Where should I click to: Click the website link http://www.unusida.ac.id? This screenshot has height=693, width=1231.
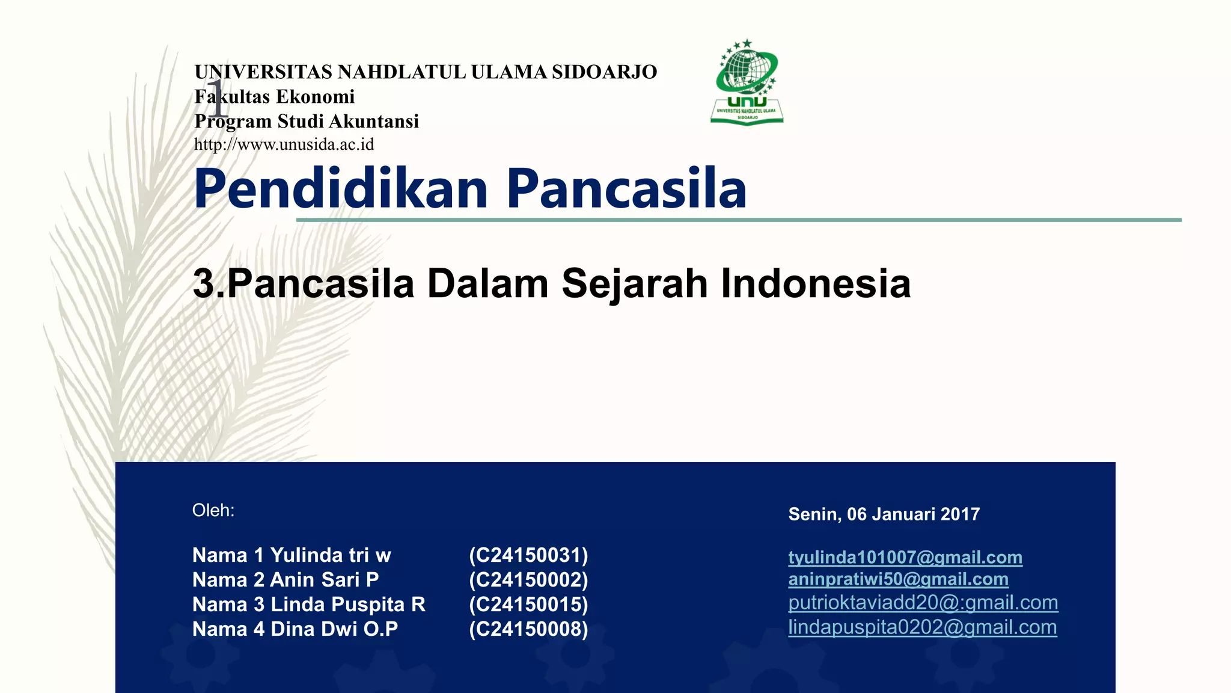284,145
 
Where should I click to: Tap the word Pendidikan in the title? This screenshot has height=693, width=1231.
341,189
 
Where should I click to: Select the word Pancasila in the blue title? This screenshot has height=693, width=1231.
626,189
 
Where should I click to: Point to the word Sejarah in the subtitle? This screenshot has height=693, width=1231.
634,283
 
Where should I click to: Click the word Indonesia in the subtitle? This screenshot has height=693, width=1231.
816,283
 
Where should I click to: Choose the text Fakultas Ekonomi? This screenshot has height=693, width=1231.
275,96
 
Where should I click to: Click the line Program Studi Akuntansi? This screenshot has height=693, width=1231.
307,121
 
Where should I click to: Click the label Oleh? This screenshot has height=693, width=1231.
213,511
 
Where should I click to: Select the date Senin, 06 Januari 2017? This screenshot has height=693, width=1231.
884,514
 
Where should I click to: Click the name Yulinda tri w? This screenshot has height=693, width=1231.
331,555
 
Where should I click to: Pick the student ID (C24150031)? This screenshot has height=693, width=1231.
528,555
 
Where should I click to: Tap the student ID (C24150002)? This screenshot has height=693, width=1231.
528,579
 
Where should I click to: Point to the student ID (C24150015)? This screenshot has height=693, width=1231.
528,604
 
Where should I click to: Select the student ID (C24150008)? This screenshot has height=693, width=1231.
528,629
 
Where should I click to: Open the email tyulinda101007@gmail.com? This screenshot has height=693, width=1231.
905,558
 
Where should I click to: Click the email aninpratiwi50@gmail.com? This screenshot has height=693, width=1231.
898,579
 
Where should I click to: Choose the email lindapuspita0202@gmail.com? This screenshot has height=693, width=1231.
923,627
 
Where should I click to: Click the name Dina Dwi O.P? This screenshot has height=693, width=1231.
334,629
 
